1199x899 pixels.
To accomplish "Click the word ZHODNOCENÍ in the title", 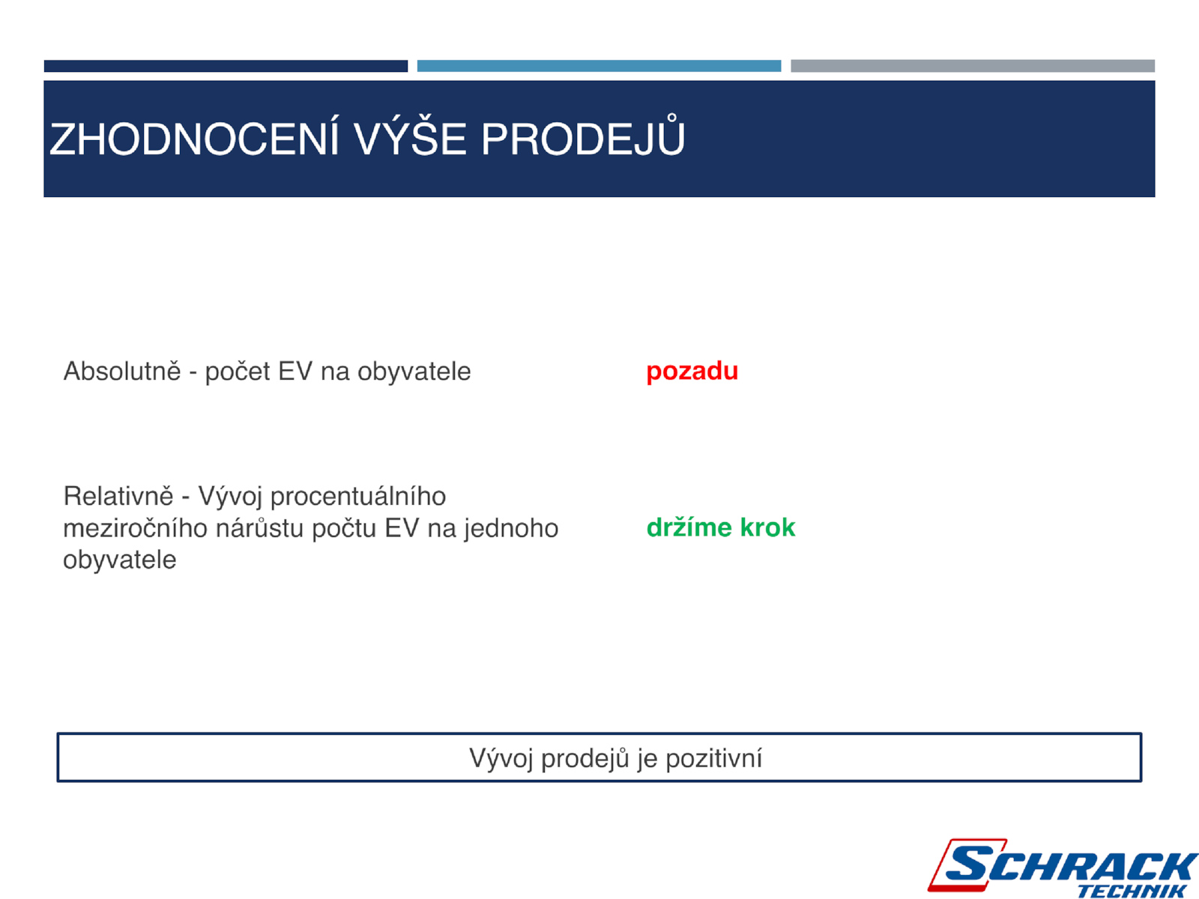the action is [x=194, y=139].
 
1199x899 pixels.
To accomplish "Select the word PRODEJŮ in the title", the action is [x=583, y=135].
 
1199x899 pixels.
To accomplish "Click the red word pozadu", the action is [x=692, y=371].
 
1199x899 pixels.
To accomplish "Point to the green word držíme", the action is [x=689, y=528].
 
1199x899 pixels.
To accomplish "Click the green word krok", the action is [x=767, y=528].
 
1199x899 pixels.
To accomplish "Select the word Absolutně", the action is [x=122, y=371].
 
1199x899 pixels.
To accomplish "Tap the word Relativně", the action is [x=118, y=496].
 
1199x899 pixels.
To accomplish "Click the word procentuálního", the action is [x=357, y=497].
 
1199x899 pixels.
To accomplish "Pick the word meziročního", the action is [x=136, y=528].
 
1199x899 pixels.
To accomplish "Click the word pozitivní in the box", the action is [x=714, y=758].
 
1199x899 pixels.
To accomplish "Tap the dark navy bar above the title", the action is [x=226, y=66].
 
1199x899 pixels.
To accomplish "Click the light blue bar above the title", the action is [x=599, y=66].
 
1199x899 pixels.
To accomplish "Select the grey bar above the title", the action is [x=972, y=66].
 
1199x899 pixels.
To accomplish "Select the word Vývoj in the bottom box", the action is [x=501, y=758].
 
